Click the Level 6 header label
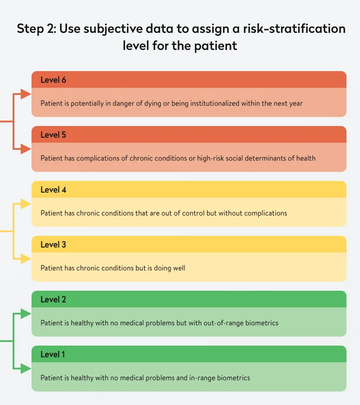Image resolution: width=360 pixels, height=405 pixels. [x=53, y=80]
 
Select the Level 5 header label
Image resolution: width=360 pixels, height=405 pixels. [x=53, y=135]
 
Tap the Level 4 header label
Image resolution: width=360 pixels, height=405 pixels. [x=53, y=189]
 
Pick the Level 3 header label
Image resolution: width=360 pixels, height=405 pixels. [x=53, y=244]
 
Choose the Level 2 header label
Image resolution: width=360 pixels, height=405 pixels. [x=53, y=299]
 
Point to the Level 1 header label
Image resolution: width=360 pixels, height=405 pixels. [x=53, y=354]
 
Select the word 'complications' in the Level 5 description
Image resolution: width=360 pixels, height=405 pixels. [x=101, y=158]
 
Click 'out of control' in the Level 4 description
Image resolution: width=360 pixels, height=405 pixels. [x=183, y=213]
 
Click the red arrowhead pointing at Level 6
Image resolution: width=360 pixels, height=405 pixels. [x=26, y=94]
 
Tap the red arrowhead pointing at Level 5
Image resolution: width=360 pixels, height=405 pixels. [x=26, y=149]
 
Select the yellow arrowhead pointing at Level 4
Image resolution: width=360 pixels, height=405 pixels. [x=26, y=204]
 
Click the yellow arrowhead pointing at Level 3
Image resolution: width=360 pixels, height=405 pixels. [x=26, y=259]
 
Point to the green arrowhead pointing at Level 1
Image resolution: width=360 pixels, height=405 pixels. [x=26, y=369]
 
